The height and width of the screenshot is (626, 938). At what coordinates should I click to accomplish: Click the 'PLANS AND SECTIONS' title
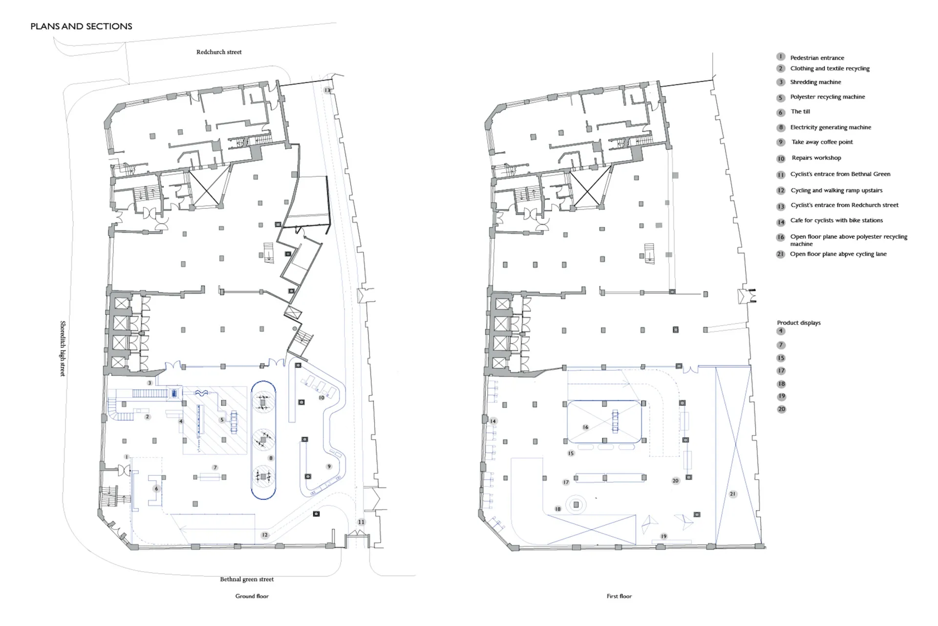(81, 26)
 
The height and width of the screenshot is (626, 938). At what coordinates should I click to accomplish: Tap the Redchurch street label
(219, 52)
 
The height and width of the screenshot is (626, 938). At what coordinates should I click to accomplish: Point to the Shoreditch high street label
(63, 349)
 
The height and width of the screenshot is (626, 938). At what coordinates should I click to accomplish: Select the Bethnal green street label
(247, 579)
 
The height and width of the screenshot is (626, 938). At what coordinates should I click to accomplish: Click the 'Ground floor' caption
(252, 596)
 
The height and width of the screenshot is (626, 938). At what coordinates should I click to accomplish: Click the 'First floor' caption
(619, 596)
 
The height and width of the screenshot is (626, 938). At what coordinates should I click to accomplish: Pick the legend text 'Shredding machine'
(815, 82)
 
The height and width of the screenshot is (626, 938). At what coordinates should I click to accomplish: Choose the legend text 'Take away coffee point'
(822, 142)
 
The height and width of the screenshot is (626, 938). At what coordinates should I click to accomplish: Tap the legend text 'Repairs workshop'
(816, 158)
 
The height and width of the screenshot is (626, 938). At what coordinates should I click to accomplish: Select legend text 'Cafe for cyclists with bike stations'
(836, 221)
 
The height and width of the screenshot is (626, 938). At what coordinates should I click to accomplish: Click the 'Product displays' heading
(799, 323)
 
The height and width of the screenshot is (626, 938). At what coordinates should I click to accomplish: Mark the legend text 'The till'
(800, 112)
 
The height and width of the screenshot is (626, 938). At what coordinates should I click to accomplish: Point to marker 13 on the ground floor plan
(327, 90)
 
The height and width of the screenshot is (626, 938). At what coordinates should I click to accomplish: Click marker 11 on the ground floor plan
(361, 522)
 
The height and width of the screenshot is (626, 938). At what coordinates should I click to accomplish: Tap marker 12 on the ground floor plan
(265, 535)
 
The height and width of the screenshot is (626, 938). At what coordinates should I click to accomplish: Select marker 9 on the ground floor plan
(329, 467)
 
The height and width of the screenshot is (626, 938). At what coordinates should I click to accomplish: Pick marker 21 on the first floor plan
(732, 494)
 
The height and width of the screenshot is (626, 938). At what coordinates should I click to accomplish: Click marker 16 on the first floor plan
(585, 427)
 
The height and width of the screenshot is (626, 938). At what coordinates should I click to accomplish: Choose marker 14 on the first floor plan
(493, 421)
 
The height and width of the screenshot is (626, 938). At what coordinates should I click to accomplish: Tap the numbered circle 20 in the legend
(782, 409)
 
